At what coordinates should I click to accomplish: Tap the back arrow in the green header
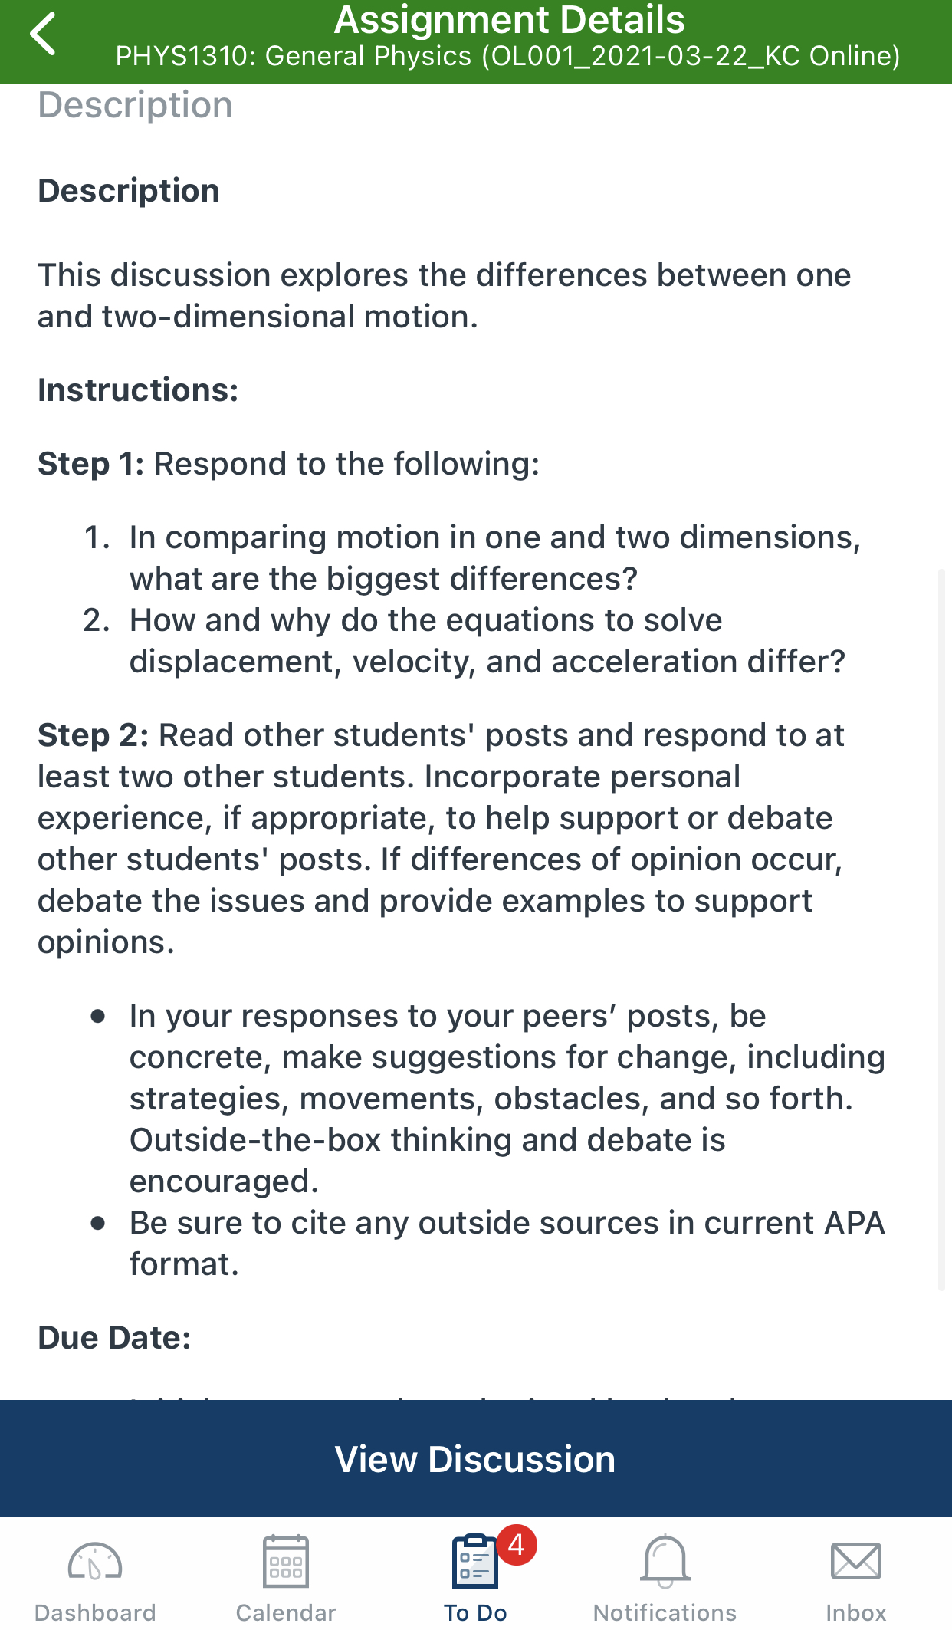44,35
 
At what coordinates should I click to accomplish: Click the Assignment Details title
509,21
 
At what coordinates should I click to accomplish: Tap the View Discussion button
475,1459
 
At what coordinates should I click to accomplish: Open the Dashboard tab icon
95,1562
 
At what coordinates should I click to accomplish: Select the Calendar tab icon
286,1562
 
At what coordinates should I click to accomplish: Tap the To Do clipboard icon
474,1562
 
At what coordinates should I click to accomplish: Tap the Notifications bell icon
665,1562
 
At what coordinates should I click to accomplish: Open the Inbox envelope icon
855,1562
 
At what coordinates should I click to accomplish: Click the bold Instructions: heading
138,390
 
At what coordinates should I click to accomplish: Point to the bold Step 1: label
91,464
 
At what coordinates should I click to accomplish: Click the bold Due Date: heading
114,1338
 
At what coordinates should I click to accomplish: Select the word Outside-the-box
255,1140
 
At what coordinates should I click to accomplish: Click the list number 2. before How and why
97,620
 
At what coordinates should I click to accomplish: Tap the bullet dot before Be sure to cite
98,1223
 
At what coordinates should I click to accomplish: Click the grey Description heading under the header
135,105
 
